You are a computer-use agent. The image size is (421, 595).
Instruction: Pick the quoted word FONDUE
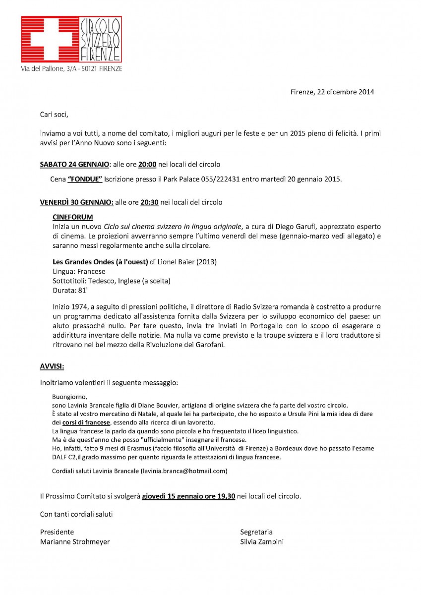pos(85,178)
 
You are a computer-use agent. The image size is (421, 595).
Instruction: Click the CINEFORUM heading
pos(72,217)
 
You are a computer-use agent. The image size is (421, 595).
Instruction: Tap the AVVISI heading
pos(52,366)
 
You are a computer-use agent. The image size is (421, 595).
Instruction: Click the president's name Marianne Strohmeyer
pos(75,542)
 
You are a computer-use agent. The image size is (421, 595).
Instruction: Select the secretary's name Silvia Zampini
pos(262,542)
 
